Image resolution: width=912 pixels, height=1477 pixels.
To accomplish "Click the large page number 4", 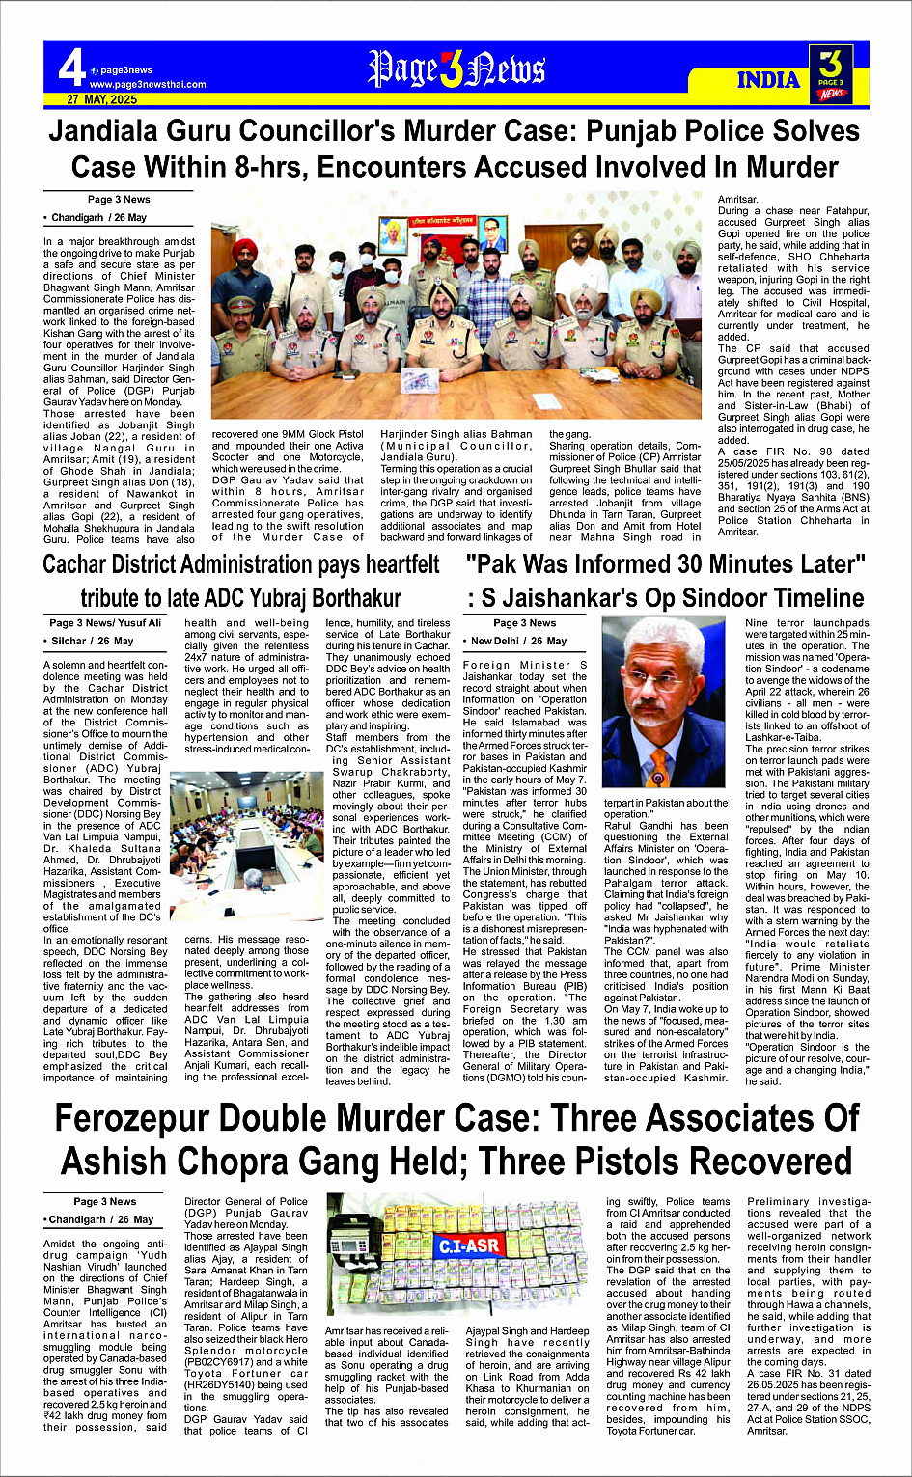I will (x=71, y=68).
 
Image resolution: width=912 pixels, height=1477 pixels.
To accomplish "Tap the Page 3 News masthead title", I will (x=456, y=69).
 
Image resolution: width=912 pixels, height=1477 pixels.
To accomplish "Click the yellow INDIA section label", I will (x=768, y=79).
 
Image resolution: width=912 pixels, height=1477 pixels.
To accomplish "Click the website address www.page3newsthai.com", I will (x=147, y=84).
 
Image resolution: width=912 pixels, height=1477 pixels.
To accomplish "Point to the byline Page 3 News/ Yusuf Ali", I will (x=105, y=623).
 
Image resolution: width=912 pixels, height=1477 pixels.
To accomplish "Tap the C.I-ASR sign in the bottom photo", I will (x=469, y=1245).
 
